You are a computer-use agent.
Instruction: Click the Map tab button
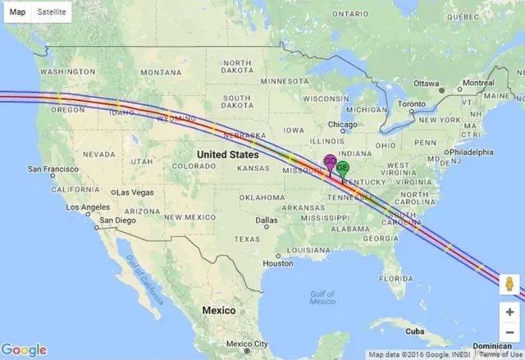click(17, 11)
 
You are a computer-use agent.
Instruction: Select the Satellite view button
click(51, 11)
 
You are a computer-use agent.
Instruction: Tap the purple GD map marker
click(330, 162)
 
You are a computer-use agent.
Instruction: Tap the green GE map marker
click(342, 167)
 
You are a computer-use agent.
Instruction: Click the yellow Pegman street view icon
click(509, 284)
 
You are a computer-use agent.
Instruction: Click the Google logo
click(24, 350)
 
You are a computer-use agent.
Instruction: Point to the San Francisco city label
click(52, 169)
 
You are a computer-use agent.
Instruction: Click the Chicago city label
click(343, 125)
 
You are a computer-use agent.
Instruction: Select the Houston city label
click(278, 263)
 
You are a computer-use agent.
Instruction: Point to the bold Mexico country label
click(219, 311)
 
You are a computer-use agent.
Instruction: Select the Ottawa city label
click(427, 84)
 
